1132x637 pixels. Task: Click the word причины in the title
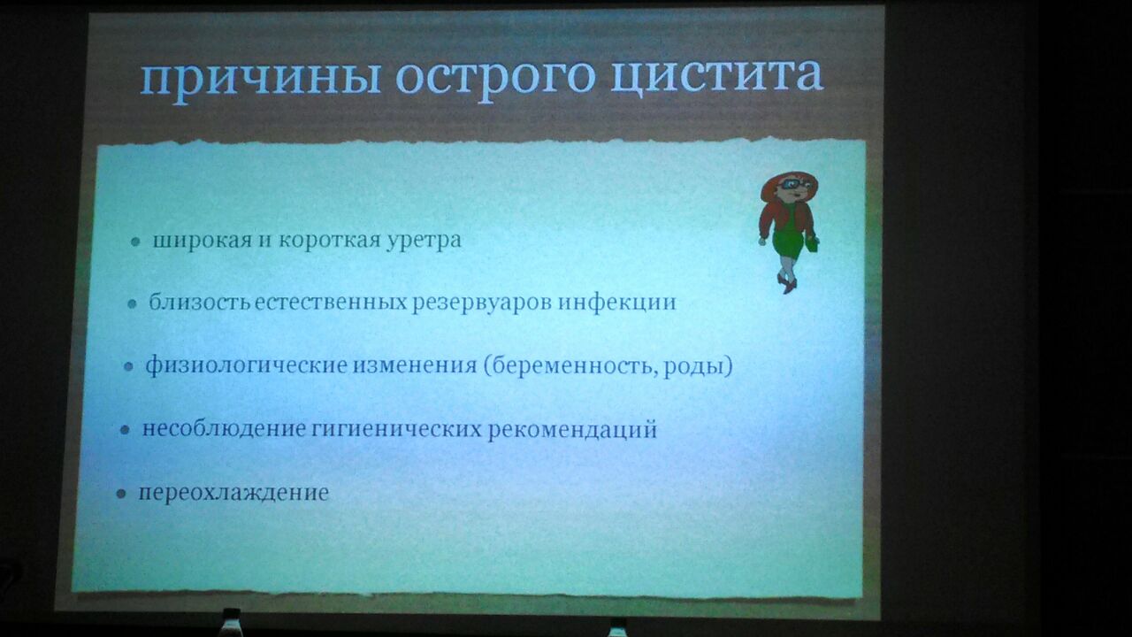pyautogui.click(x=260, y=79)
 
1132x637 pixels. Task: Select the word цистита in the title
pyautogui.click(x=716, y=76)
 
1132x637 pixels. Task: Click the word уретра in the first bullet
pyautogui.click(x=424, y=241)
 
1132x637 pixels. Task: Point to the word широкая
pyautogui.click(x=203, y=240)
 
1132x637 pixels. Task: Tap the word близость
pyautogui.click(x=200, y=302)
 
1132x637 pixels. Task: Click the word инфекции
pyautogui.click(x=617, y=303)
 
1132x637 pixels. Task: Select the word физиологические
pyautogui.click(x=247, y=365)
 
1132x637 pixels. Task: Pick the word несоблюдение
pyautogui.click(x=224, y=429)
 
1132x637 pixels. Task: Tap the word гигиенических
pyautogui.click(x=396, y=430)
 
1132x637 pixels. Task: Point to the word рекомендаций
pyautogui.click(x=572, y=430)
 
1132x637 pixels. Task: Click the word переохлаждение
pyautogui.click(x=233, y=493)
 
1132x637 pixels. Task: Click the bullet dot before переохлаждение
pyautogui.click(x=121, y=494)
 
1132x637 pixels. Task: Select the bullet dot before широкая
pyautogui.click(x=135, y=242)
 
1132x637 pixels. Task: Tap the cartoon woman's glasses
pyautogui.click(x=791, y=185)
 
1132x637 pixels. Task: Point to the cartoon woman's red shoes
pyautogui.click(x=787, y=284)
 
